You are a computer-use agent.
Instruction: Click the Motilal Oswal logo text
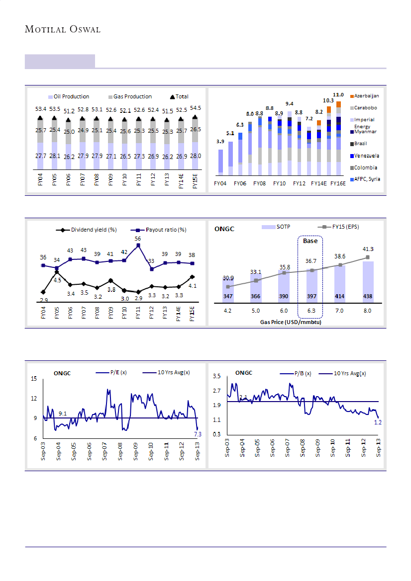point(63,29)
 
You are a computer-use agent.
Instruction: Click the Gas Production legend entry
point(132,96)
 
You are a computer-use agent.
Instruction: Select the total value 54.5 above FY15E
point(196,108)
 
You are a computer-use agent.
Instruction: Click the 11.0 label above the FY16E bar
point(338,94)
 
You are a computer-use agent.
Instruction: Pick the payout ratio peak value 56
point(138,239)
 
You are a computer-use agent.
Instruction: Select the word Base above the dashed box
point(310,241)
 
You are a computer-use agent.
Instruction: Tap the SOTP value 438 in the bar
point(368,296)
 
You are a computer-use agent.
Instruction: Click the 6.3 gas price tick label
point(311,311)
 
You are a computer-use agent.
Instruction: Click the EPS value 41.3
point(368,249)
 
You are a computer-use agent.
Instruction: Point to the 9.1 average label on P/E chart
point(63,413)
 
